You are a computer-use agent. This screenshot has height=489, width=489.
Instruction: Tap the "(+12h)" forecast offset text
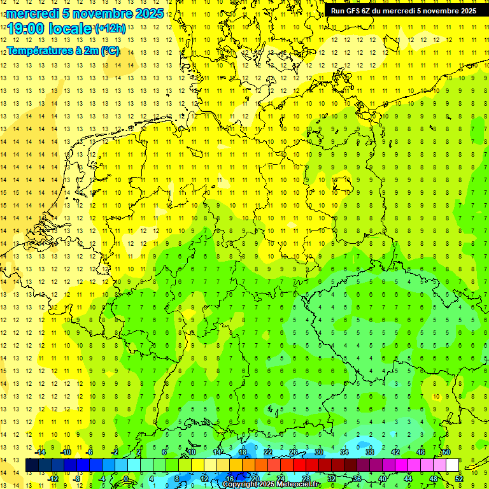tap(110, 29)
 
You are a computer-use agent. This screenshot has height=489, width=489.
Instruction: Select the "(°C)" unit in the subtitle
tap(110, 51)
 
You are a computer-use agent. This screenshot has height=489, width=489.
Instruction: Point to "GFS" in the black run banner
tap(353, 11)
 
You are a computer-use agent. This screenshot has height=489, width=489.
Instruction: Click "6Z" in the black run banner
tap(367, 11)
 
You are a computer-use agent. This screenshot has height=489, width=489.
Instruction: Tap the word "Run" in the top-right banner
tap(337, 11)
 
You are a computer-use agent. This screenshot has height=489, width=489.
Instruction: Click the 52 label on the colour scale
tap(459, 479)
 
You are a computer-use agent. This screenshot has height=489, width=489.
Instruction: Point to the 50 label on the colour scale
tap(446, 452)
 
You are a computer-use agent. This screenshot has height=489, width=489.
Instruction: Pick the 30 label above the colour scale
tap(318, 452)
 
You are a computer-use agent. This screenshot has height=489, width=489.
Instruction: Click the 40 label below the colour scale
tap(383, 479)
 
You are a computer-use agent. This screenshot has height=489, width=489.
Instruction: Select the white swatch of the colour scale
tap(452, 465)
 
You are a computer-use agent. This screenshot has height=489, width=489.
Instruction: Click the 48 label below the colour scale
tap(434, 479)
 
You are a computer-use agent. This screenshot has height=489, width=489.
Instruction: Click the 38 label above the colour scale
tap(369, 452)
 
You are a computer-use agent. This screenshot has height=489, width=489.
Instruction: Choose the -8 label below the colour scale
tap(76, 479)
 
